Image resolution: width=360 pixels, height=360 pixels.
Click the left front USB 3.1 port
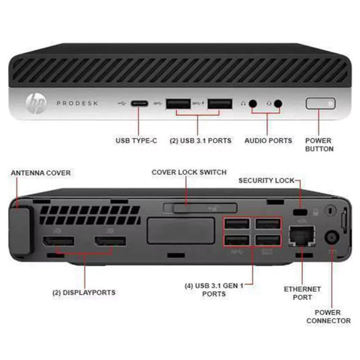coord(179,103)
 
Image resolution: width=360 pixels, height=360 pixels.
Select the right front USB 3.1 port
coord(220,103)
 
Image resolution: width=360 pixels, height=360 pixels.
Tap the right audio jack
coord(278,104)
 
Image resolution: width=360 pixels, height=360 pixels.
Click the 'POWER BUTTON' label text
coord(319,145)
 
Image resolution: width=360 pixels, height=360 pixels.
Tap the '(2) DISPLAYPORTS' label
coord(84,292)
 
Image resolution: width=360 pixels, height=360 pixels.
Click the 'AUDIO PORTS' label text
coord(269,140)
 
